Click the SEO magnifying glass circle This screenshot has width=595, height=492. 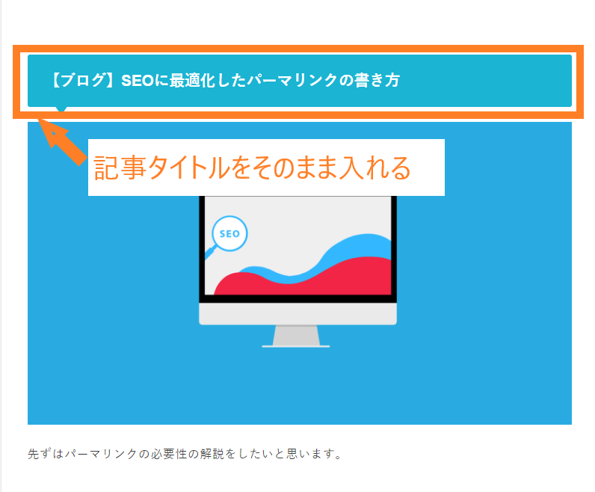(229, 233)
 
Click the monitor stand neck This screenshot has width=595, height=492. (296, 335)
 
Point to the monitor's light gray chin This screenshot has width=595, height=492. (298, 313)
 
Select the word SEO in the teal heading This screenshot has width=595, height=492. (138, 81)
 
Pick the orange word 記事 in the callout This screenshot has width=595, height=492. (120, 167)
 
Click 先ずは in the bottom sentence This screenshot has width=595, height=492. (46, 454)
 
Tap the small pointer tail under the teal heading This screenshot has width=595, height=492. (61, 109)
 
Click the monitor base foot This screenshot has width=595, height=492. (296, 346)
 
